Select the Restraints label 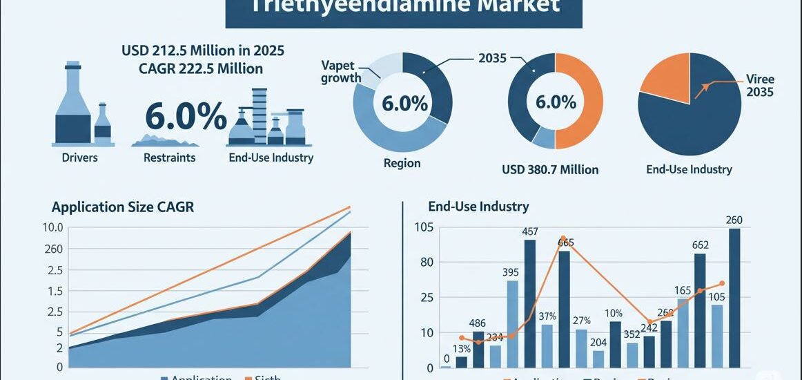(x=169, y=158)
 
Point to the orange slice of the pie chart (x=665, y=75)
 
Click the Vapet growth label (x=341, y=71)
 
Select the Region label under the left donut (x=402, y=164)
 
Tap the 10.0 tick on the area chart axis (x=52, y=227)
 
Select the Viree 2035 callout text (x=760, y=86)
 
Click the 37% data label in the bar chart (x=547, y=317)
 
